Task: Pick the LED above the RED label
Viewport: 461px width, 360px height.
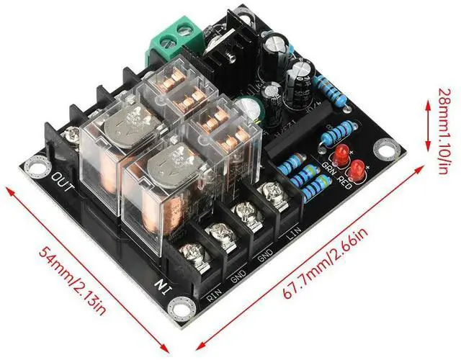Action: pyautogui.click(x=357, y=170)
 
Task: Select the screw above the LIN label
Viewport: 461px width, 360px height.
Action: pyautogui.click(x=271, y=192)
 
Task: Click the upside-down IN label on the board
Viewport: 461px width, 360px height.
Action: pyautogui.click(x=165, y=283)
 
